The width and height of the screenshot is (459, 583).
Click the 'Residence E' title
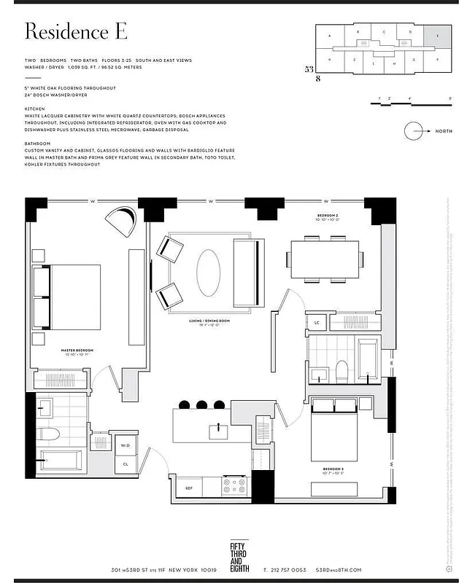76,31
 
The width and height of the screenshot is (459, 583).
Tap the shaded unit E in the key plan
437,35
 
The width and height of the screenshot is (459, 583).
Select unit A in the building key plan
330,35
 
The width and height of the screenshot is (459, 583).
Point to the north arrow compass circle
414,131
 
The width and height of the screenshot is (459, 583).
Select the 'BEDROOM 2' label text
328,216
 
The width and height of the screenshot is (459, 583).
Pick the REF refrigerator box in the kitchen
189,488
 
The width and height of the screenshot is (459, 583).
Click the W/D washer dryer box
125,445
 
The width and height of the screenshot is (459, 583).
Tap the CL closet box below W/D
125,463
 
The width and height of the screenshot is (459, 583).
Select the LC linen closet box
317,322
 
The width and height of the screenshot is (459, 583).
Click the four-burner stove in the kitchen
235,485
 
